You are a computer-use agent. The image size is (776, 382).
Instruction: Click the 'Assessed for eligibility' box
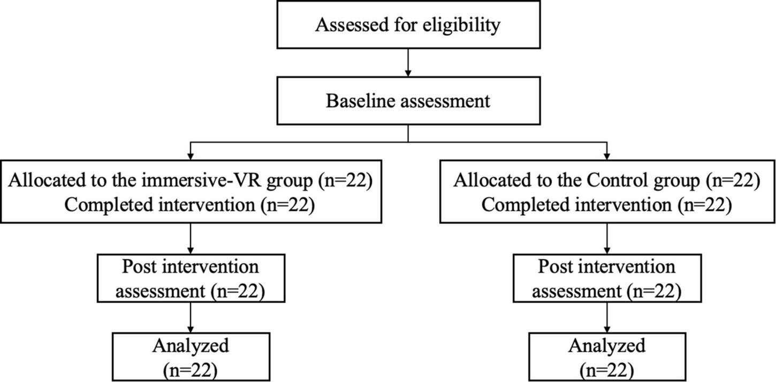[x=408, y=25]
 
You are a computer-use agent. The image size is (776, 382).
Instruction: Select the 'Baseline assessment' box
[x=408, y=100]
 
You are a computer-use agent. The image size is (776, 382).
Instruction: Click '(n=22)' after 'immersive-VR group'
[x=345, y=181]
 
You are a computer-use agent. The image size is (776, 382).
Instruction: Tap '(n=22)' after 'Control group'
[x=733, y=181]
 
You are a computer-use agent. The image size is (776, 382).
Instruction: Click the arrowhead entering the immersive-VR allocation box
[x=191, y=156]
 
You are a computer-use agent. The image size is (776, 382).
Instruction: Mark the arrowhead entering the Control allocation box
[x=606, y=156]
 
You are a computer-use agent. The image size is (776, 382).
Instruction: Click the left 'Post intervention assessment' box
[x=191, y=278]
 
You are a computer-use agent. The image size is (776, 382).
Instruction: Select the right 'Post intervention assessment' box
[x=606, y=278]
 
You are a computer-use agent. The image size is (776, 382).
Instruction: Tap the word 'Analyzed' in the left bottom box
[x=191, y=346]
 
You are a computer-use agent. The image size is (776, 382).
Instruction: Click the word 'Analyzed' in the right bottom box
[x=606, y=346]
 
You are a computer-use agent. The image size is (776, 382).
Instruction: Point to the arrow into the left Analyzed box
[x=191, y=317]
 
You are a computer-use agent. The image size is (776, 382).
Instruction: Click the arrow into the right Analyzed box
[x=606, y=317]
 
